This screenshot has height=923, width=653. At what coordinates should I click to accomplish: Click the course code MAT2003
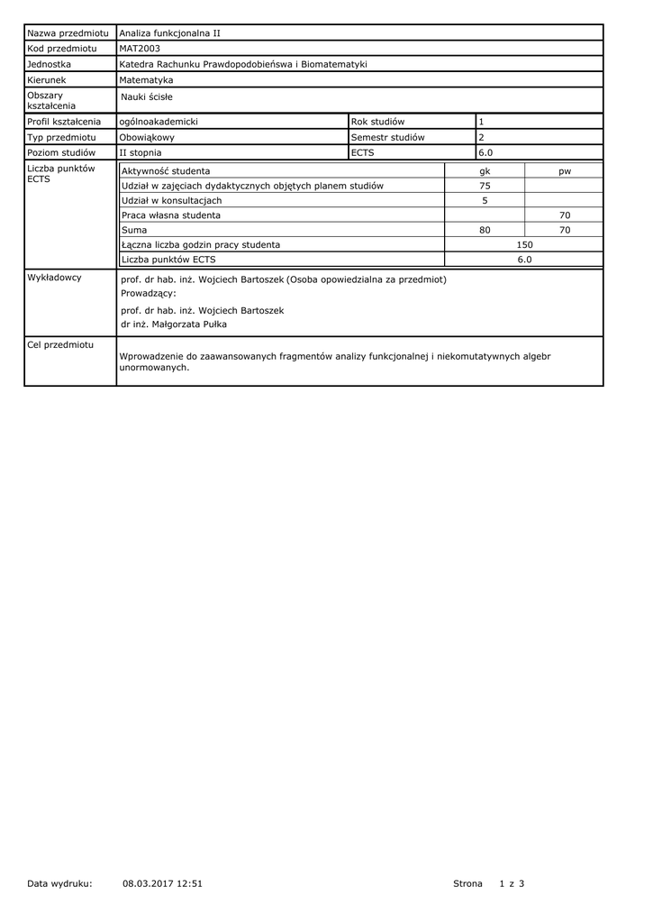coord(139,48)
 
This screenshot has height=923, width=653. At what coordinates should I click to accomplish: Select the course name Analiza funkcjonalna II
coord(170,32)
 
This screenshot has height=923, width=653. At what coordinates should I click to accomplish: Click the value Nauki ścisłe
coord(147,96)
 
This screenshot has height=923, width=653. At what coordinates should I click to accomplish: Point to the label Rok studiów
coord(378,121)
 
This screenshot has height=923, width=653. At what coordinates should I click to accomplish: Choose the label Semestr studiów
coord(387,137)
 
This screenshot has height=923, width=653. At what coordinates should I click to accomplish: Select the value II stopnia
coord(141,152)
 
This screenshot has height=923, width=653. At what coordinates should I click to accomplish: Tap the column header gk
coord(485,170)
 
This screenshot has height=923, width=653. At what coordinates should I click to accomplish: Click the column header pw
coord(565,170)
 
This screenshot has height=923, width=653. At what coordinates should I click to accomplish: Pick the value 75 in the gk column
coord(485,186)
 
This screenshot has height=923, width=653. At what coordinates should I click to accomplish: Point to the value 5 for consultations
coord(485,200)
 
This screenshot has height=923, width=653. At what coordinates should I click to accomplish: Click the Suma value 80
coord(485,230)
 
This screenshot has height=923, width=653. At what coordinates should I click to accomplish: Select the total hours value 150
coord(524,244)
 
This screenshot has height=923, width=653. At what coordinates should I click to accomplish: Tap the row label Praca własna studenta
coord(171,215)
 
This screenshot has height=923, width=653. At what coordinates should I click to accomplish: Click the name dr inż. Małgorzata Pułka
coord(174,324)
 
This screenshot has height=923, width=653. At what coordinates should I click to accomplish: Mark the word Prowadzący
coord(149,293)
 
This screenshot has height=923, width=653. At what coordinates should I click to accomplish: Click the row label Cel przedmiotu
coord(60,345)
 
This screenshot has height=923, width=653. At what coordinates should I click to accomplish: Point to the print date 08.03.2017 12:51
coord(162,883)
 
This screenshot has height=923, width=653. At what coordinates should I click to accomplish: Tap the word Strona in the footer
coord(467,883)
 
